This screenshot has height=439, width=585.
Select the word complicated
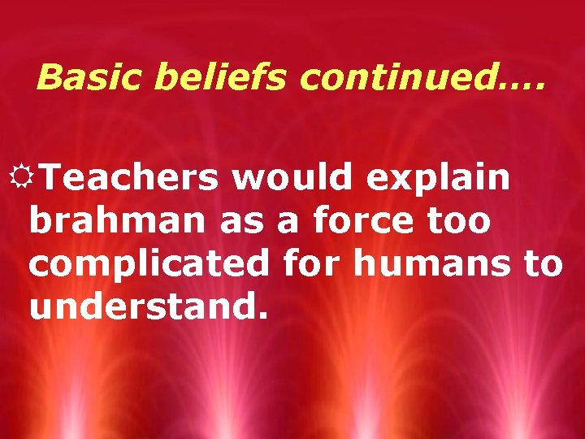click(x=149, y=265)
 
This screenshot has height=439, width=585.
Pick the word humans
click(x=438, y=263)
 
